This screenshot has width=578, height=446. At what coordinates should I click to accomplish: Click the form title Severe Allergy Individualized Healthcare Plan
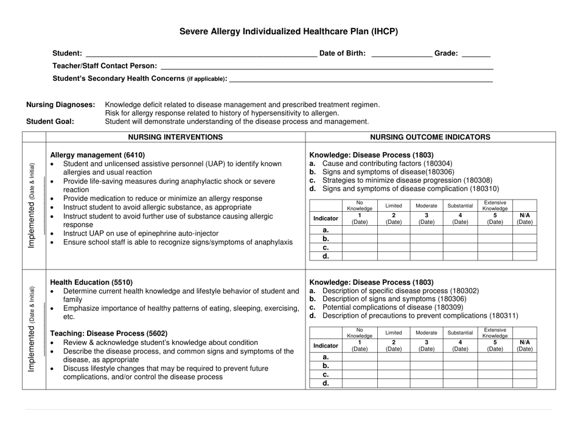coord(288,31)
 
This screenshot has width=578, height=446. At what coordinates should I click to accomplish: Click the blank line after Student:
coord(201,54)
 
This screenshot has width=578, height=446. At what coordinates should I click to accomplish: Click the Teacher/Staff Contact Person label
coord(104,66)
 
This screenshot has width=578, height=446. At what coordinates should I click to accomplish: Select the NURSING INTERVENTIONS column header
coord(177,137)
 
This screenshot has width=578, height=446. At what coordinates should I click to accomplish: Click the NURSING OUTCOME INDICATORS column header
coord(430,137)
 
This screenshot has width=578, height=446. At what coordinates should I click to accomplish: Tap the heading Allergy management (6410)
coord(97,155)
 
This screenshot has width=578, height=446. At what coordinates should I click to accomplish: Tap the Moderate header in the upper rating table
coord(427,206)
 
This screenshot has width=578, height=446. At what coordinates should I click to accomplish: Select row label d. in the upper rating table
coord(326,256)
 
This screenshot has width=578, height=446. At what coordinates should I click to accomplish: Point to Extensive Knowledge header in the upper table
coord(495,206)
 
